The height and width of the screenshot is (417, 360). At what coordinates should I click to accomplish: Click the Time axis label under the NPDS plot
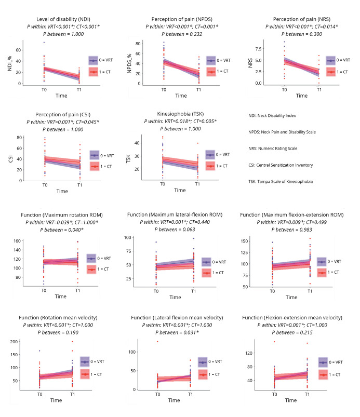coord(180,96)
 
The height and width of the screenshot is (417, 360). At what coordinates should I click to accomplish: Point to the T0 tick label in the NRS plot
coord(284,89)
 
